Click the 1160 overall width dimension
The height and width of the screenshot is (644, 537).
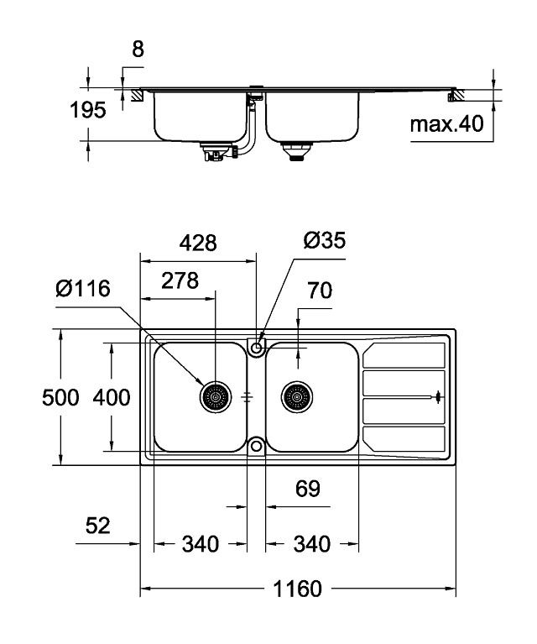pos(298,589)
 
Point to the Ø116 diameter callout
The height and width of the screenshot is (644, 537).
pos(83,290)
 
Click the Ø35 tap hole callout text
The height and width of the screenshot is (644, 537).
pos(323,242)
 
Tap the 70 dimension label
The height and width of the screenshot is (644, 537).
pos(320,291)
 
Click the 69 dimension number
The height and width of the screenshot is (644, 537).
pos(309,490)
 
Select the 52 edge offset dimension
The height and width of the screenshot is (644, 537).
pos(98,526)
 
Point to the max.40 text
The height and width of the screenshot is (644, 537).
pos(447,125)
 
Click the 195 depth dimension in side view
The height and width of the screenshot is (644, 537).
pos(88,110)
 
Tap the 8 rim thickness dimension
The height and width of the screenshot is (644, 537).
pos(138,50)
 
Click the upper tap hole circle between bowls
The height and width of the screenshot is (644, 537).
pos(256,345)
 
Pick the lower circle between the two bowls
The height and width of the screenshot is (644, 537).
pos(256,444)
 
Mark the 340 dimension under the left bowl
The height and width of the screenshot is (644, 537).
pos(201,544)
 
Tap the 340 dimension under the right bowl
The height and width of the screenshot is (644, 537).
pos(311,544)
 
